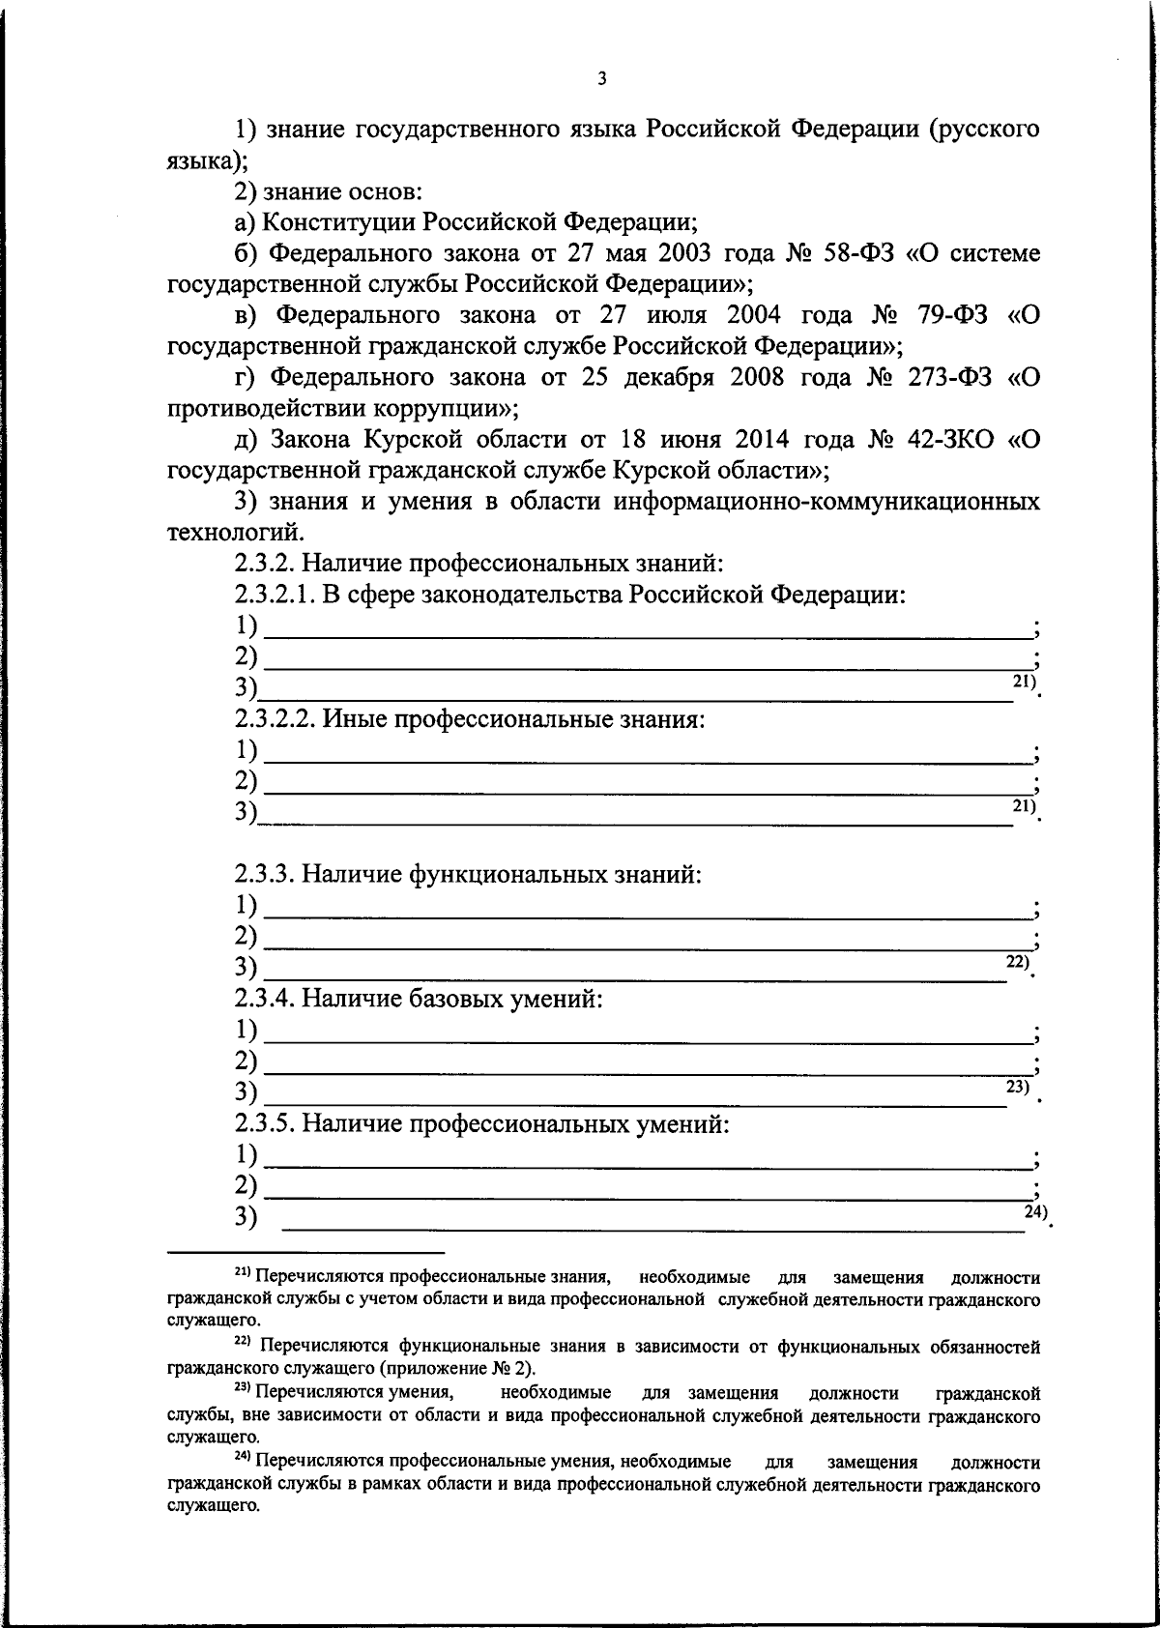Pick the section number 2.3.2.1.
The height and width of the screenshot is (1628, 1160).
(x=275, y=595)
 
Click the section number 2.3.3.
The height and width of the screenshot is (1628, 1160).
(x=263, y=875)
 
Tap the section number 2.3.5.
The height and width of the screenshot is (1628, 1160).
(x=263, y=1123)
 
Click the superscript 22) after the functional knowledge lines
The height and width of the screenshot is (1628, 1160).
(x=1018, y=960)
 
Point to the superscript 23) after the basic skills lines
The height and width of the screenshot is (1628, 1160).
(x=1018, y=1086)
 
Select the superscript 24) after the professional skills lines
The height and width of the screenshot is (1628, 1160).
(x=1036, y=1210)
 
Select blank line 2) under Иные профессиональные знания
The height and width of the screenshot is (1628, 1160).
(x=648, y=793)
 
